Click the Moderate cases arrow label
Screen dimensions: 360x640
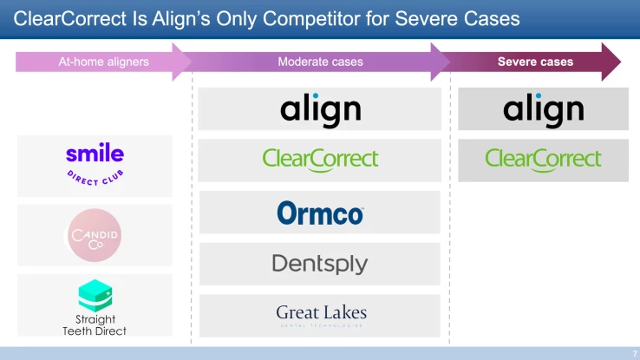click(320, 62)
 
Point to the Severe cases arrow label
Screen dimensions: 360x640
click(535, 62)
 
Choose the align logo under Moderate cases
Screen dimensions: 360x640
click(320, 110)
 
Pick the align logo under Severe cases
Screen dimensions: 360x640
click(543, 110)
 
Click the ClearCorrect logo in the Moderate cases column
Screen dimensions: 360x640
click(320, 160)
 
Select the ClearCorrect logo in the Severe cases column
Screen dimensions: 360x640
click(543, 160)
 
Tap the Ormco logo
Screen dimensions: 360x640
click(320, 213)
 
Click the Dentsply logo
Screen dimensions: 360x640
click(320, 264)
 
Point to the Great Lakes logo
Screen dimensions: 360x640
click(321, 314)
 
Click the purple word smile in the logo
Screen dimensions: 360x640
click(95, 155)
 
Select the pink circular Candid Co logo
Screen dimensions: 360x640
click(95, 235)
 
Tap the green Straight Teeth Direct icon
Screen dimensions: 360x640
click(95, 295)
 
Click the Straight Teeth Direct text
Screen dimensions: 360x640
click(95, 325)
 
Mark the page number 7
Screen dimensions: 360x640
click(631, 353)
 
